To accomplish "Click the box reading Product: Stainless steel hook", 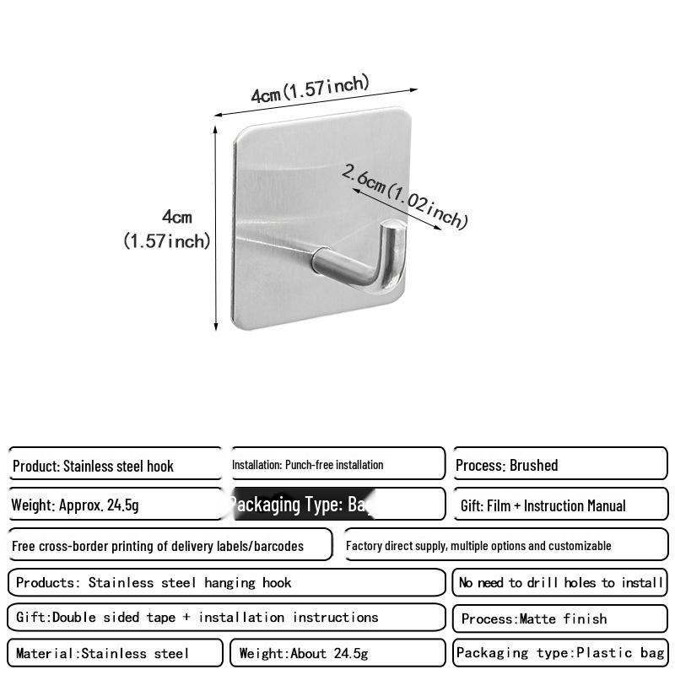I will coord(116,465).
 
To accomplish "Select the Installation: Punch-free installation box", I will coord(337,464).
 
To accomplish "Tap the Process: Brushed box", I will coord(560,465).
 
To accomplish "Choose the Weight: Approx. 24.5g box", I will coord(116,505).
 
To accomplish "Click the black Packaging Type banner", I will coord(300,505).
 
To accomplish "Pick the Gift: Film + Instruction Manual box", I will coord(560,505).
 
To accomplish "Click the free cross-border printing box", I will coord(170,545).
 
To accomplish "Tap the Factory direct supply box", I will coord(505,545).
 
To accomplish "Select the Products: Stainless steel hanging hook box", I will coord(226,582).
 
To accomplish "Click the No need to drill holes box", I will coord(560,582).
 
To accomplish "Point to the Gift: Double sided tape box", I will coord(226,618).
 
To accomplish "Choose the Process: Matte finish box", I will coord(560,618).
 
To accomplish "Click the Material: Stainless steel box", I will coord(116,653).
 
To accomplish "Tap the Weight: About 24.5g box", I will coord(337,653).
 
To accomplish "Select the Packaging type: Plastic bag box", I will coord(560,653).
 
